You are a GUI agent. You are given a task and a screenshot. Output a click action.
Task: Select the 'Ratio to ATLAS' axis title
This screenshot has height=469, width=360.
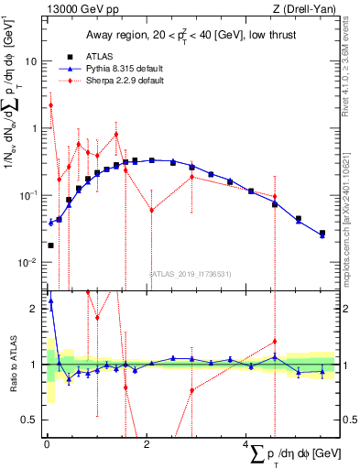(x=12, y=365)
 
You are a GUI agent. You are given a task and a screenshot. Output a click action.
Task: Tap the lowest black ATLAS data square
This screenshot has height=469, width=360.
(x=50, y=245)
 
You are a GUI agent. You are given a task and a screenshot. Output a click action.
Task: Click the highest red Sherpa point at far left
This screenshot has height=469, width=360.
(x=50, y=105)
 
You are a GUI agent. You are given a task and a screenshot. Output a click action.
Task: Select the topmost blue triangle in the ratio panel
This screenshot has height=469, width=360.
(x=50, y=300)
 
